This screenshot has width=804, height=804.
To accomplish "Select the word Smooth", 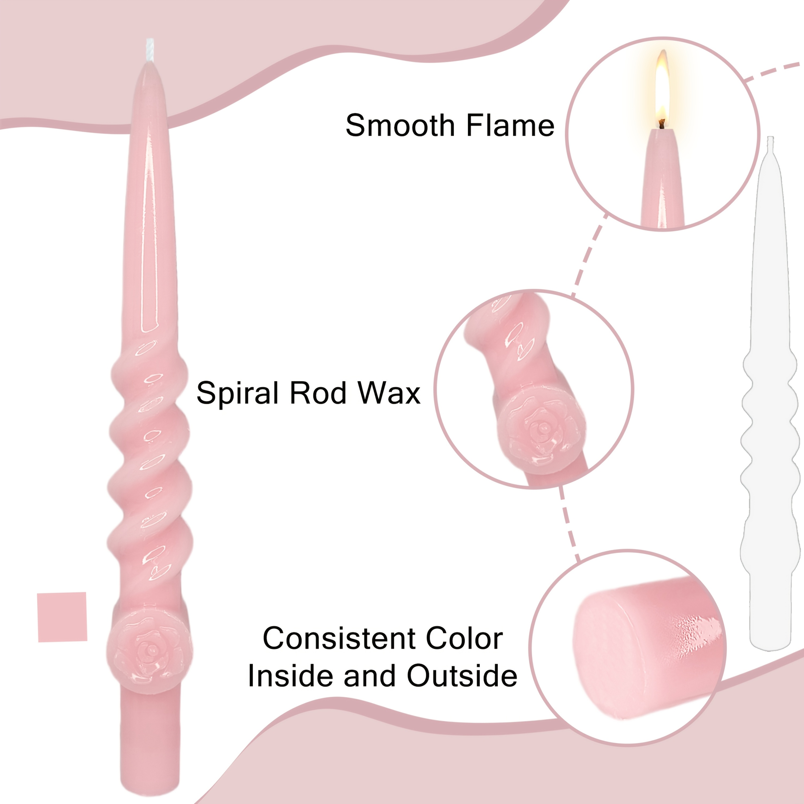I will point(400,125).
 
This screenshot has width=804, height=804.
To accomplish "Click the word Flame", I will point(510,125).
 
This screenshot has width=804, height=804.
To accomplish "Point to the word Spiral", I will point(237,393).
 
